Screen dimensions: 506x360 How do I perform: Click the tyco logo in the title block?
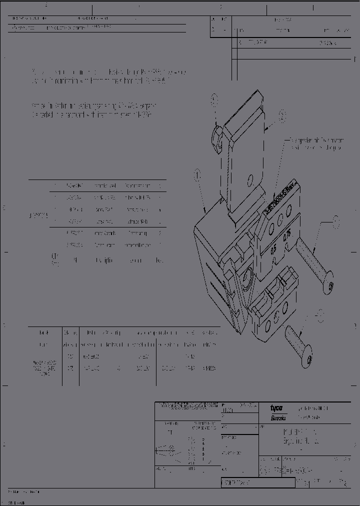tap(276, 407)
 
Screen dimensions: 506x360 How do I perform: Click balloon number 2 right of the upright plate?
tap(282, 116)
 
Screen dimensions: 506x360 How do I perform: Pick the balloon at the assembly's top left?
tap(214, 99)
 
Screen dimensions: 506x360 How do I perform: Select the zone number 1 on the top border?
tap(313, 7)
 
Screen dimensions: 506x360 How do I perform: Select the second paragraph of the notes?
tap(94, 110)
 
